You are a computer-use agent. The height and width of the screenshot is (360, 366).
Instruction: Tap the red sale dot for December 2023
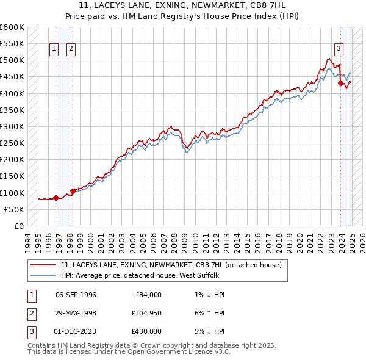point(340,84)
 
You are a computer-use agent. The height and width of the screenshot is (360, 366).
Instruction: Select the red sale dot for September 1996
point(56,198)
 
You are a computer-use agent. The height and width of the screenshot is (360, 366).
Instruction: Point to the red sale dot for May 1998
point(73,191)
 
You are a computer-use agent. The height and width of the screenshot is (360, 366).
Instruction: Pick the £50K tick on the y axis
point(15,209)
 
